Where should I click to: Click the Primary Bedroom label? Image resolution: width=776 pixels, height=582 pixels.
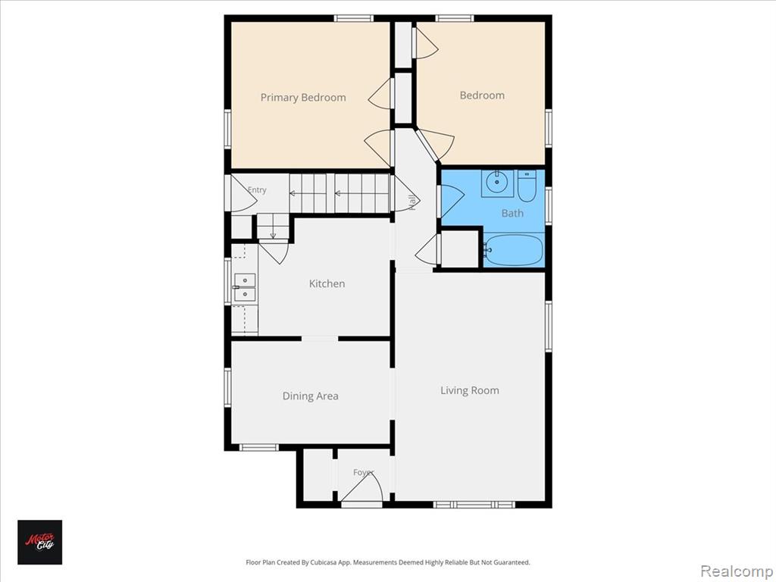303,98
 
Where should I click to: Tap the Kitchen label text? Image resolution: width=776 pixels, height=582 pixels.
327,283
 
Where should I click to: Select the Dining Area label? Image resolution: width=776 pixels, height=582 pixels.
310,396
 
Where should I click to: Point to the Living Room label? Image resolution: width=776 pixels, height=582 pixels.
470,390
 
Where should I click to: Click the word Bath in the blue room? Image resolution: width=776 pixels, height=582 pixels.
512,213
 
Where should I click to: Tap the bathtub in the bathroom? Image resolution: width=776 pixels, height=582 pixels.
513,250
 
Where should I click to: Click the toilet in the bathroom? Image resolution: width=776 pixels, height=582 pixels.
527,186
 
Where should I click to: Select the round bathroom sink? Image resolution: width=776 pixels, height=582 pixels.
496,183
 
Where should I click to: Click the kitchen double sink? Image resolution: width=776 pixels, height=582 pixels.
245,287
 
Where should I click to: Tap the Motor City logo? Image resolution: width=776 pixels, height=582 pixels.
40,542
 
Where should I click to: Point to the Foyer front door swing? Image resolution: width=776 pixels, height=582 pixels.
362,487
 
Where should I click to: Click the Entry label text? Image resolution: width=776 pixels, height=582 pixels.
257,189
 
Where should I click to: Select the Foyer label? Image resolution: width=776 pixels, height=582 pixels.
364,472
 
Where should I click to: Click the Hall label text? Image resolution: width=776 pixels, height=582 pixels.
411,203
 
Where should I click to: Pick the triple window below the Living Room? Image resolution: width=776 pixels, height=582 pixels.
474,504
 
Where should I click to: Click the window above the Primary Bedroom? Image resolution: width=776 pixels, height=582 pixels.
353,18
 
